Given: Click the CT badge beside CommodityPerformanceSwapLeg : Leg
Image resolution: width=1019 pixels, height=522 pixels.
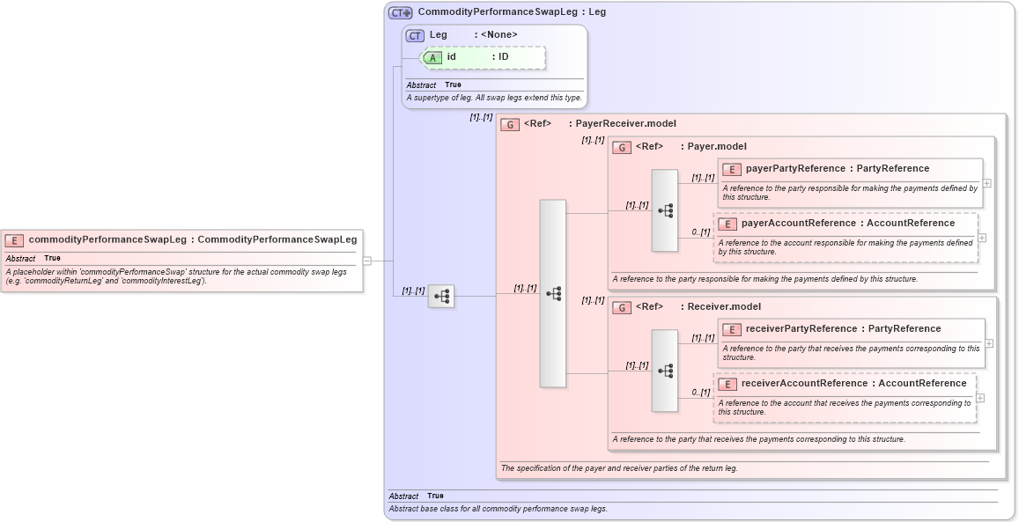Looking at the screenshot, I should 401,12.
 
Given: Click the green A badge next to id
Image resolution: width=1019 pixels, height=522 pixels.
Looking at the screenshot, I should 433,57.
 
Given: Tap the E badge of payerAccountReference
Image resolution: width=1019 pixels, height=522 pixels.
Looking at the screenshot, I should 727,224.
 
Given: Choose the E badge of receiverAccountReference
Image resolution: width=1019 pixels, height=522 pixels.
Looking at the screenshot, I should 727,384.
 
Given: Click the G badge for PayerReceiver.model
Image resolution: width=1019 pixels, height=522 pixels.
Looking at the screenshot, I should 510,124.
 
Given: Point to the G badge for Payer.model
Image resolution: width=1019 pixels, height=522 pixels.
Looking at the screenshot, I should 622,147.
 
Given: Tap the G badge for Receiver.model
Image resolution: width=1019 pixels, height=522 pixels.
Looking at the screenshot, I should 622,307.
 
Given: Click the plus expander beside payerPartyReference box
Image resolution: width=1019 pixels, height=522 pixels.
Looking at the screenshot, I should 987,183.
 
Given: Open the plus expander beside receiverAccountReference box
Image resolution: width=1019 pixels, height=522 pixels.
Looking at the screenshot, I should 980,398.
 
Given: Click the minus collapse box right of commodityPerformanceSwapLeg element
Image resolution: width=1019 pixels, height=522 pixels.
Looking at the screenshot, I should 367,261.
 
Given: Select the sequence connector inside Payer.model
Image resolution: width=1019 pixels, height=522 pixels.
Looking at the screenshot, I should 665,210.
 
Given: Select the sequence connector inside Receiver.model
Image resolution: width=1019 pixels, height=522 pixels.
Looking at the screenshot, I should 665,371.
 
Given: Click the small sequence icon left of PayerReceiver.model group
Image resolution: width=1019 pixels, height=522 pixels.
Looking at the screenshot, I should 441,297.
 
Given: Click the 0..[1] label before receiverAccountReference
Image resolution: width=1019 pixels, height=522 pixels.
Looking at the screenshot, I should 700,393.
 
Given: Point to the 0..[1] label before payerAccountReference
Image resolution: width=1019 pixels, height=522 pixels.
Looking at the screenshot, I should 700,232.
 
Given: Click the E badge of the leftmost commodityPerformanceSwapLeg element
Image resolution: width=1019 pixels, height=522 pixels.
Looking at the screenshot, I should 14,240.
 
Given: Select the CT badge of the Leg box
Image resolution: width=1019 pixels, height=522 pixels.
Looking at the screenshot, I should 415,35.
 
